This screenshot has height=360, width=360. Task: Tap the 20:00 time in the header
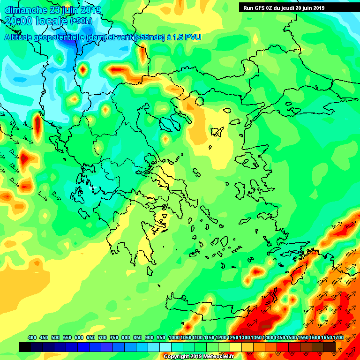coord(19,21)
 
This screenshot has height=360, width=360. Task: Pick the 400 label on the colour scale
coord(32,337)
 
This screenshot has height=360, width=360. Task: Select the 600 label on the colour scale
coord(79,337)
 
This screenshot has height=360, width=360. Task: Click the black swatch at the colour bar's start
coord(25,347)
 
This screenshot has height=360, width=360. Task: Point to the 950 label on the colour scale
coord(161,337)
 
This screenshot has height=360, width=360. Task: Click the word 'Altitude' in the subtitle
coord(19,37)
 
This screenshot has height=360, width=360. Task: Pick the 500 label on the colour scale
coord(55,337)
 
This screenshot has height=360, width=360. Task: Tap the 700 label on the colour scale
coord(102,337)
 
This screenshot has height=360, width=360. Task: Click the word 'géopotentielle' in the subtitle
coord(59,37)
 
